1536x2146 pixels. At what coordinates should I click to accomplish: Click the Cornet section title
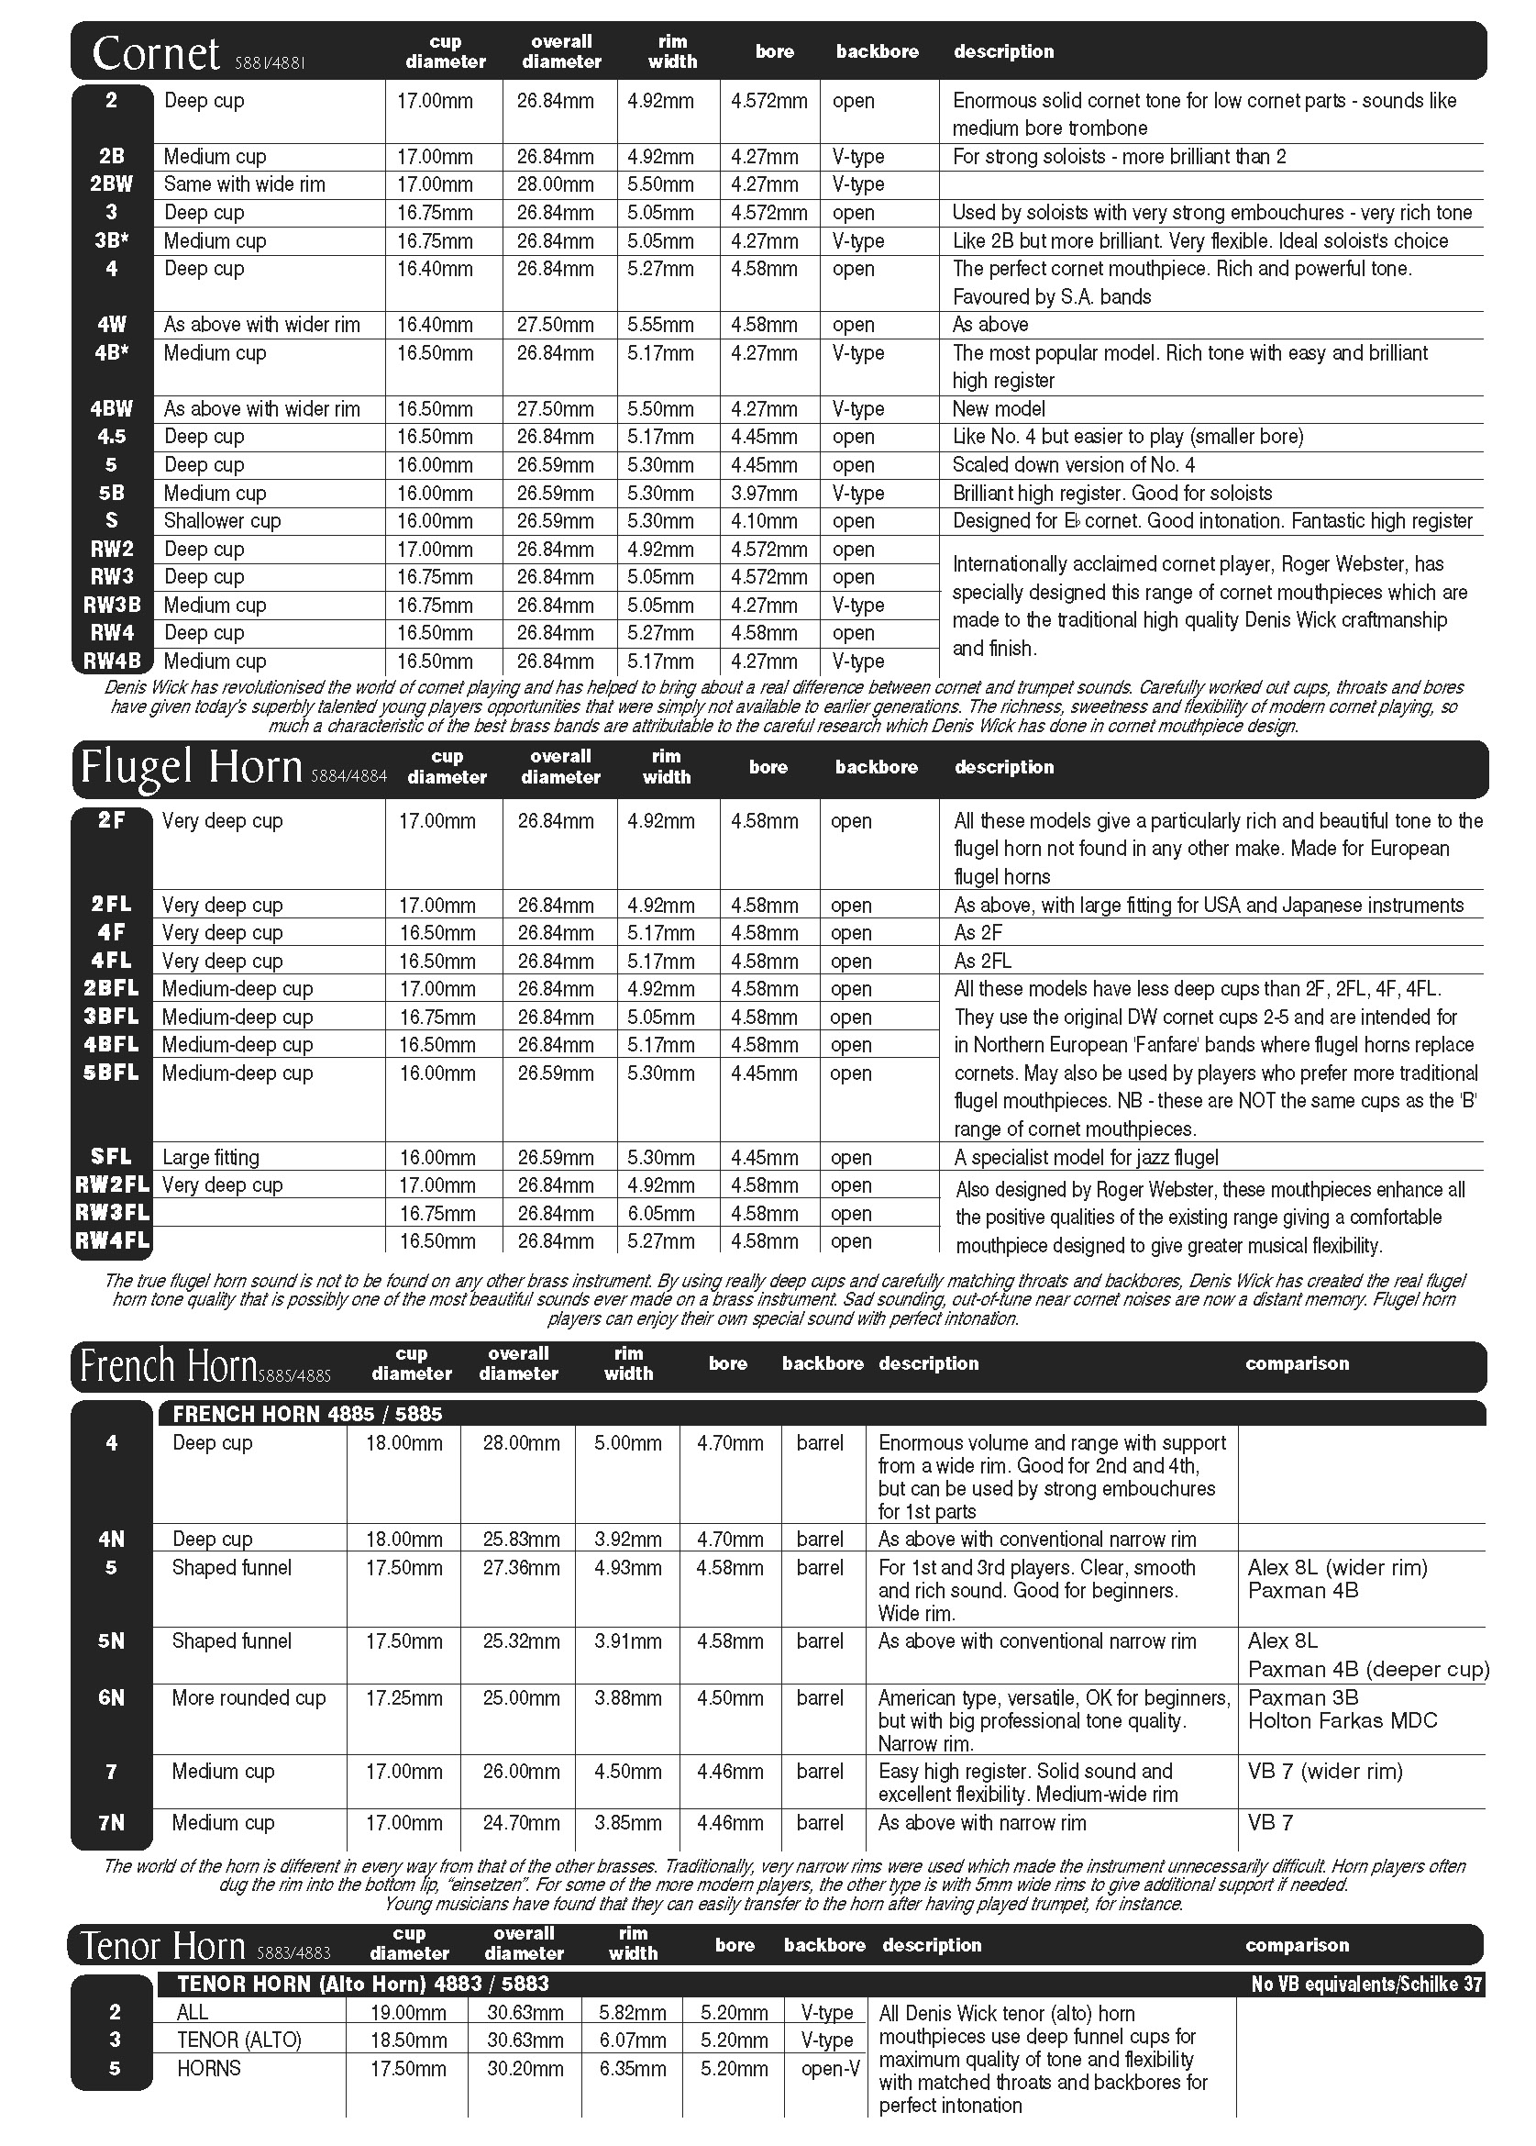point(156,54)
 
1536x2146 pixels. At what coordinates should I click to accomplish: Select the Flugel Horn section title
point(191,767)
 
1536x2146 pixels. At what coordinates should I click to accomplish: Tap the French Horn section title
point(169,1365)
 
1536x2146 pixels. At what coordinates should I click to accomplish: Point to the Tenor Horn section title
point(163,1945)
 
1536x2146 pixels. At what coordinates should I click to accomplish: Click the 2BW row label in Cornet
point(112,184)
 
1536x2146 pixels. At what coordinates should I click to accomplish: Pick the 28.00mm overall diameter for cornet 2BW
point(555,184)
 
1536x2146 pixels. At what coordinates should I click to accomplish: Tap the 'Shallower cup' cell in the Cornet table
point(221,520)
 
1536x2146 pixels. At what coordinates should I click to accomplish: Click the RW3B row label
point(112,605)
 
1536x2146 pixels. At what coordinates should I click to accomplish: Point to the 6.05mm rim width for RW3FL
point(660,1213)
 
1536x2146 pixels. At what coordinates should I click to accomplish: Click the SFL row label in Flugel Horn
point(112,1157)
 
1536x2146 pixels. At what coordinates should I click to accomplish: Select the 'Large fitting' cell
point(210,1157)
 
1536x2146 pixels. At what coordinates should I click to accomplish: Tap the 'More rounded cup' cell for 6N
point(248,1697)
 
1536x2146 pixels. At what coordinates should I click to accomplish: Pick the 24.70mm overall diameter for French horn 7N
point(521,1822)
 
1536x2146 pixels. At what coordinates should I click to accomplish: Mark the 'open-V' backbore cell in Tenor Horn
point(831,2068)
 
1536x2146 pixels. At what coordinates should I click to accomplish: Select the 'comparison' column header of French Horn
point(1297,1363)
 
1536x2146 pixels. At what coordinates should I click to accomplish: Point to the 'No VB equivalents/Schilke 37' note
point(1365,1985)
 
